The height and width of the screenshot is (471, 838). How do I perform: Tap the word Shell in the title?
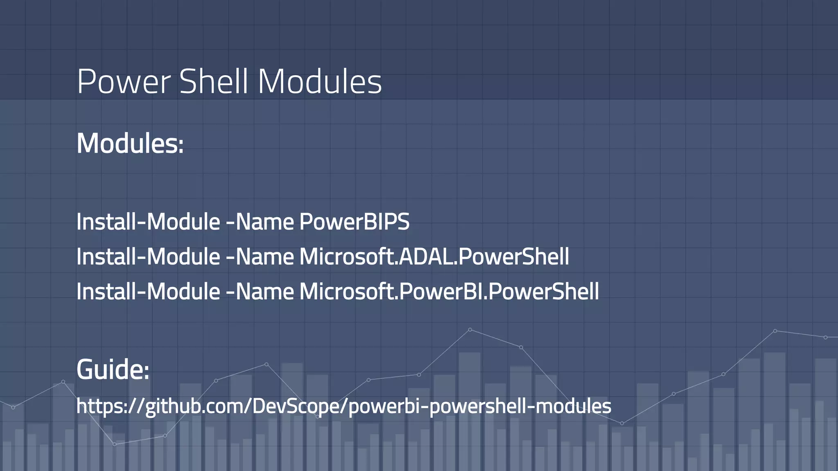point(214,82)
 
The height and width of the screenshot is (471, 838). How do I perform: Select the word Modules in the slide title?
point(320,82)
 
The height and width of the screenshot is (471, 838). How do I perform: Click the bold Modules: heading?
point(130,144)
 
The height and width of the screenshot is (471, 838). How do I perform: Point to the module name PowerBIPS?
point(354,222)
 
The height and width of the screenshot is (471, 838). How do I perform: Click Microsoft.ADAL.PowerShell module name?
point(434,257)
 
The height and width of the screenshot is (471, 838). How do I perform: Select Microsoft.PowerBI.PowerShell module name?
point(449,292)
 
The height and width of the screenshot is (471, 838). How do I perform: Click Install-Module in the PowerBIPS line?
point(148,222)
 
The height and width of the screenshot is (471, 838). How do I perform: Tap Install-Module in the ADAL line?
point(148,257)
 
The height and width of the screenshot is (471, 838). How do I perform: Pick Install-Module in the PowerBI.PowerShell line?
point(148,292)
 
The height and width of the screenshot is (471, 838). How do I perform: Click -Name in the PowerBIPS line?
point(260,222)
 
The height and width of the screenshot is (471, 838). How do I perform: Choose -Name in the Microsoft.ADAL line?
point(260,257)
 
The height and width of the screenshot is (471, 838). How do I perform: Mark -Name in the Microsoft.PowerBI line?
point(260,292)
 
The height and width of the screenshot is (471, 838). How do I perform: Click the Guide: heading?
point(113,369)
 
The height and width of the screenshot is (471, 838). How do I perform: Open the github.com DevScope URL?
point(344,406)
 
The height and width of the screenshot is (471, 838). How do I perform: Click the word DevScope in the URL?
point(299,406)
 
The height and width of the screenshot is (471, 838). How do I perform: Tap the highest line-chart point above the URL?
point(470,330)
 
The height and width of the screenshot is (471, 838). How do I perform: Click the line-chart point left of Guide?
point(63,382)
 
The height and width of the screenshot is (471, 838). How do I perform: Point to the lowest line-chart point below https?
point(115,444)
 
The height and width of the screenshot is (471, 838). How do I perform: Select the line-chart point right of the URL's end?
point(622,424)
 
